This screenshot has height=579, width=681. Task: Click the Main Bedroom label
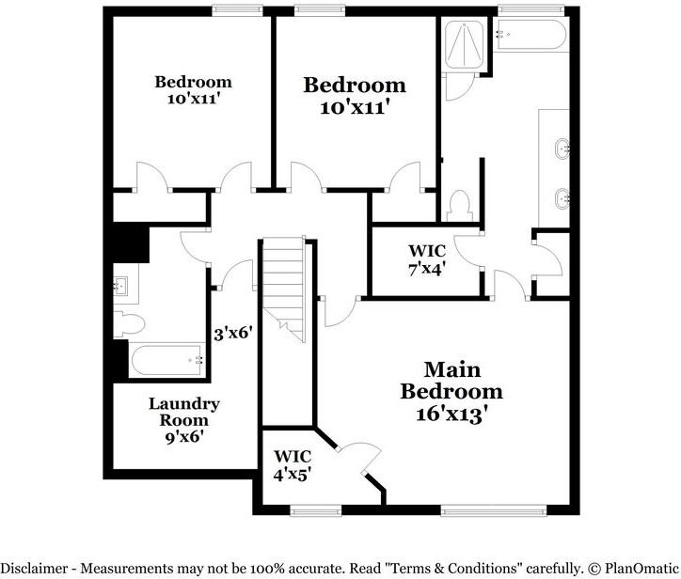tap(451, 380)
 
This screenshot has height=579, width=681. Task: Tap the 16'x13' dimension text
tap(451, 413)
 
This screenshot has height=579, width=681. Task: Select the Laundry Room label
tap(184, 412)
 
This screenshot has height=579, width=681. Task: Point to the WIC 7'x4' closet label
tap(426, 258)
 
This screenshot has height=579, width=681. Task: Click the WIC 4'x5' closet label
tap(292, 465)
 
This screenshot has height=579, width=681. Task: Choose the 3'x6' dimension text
tap(233, 333)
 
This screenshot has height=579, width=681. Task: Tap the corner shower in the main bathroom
tap(462, 43)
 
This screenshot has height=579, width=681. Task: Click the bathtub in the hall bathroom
tap(166, 361)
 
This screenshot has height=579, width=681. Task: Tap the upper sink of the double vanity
tap(562, 149)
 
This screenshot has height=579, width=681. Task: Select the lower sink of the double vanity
tap(562, 198)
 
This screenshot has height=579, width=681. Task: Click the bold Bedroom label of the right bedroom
tap(355, 86)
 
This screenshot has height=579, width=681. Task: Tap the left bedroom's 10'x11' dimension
tap(194, 97)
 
